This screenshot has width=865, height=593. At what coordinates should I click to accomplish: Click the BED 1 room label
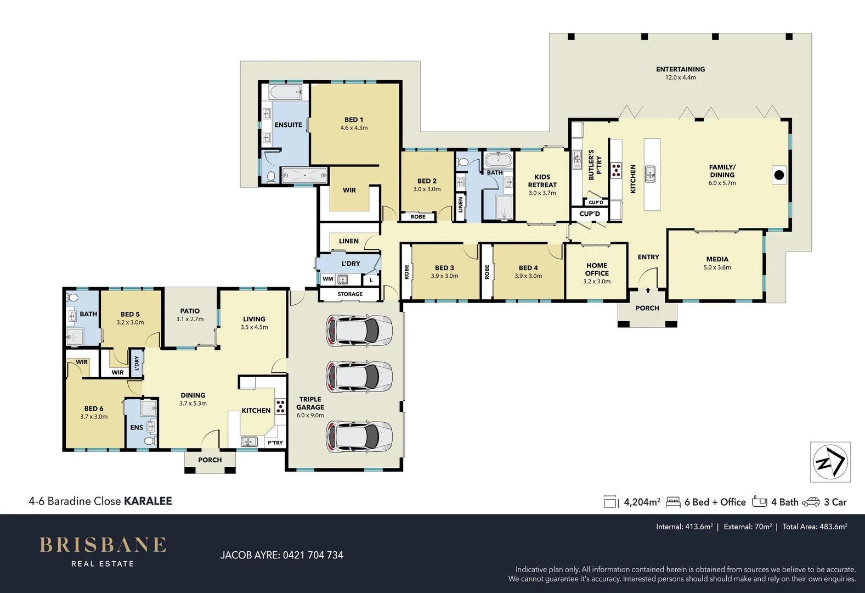(x=354, y=120)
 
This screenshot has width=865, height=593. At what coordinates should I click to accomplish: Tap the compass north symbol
(x=830, y=462)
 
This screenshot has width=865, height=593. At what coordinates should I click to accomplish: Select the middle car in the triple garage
(x=359, y=377)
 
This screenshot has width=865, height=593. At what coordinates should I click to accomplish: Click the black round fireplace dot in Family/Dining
(x=779, y=176)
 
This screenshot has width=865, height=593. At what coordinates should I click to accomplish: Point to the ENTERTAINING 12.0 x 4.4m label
(x=680, y=73)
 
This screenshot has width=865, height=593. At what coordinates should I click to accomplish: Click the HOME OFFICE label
(x=597, y=269)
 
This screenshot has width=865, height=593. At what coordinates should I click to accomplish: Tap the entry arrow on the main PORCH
(x=648, y=290)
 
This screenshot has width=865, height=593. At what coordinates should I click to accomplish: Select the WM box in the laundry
(x=328, y=279)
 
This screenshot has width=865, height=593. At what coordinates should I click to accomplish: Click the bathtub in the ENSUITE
(x=285, y=92)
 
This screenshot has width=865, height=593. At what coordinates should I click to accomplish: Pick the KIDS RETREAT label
(x=542, y=181)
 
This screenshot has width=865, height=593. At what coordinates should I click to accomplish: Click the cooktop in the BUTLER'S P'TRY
(x=617, y=170)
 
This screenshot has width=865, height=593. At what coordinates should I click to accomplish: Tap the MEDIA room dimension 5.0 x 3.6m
(x=717, y=267)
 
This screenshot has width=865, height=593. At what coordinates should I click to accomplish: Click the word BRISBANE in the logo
(x=103, y=545)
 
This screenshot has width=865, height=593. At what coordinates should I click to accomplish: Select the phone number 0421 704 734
(x=313, y=555)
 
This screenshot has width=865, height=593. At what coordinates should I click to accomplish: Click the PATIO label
(x=190, y=311)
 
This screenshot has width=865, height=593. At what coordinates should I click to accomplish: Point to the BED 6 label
(x=94, y=409)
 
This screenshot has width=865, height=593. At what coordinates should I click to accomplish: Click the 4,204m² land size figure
(x=642, y=502)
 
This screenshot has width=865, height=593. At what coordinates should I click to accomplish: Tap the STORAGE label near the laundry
(x=350, y=294)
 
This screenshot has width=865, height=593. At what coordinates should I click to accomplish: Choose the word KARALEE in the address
(x=148, y=501)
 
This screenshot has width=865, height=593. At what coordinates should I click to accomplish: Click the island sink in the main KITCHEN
(x=651, y=174)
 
